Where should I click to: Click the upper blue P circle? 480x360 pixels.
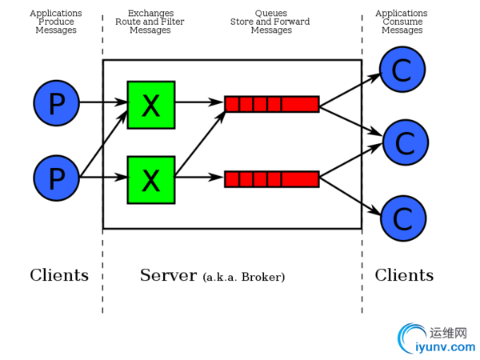[56, 104]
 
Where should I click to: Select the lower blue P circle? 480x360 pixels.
[56, 178]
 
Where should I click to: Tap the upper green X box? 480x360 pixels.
[150, 104]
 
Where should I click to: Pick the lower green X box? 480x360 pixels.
[150, 179]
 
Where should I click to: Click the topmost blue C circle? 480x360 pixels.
[402, 70]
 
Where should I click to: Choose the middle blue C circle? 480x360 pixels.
[405, 143]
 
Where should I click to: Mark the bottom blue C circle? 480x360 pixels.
[402, 218]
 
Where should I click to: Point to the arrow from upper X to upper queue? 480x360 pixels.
[198, 102]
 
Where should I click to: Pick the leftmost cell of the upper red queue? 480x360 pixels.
[232, 104]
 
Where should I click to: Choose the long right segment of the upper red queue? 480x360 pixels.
[300, 104]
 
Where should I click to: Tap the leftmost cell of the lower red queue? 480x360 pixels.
[232, 178]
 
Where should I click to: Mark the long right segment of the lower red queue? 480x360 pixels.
[300, 178]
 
